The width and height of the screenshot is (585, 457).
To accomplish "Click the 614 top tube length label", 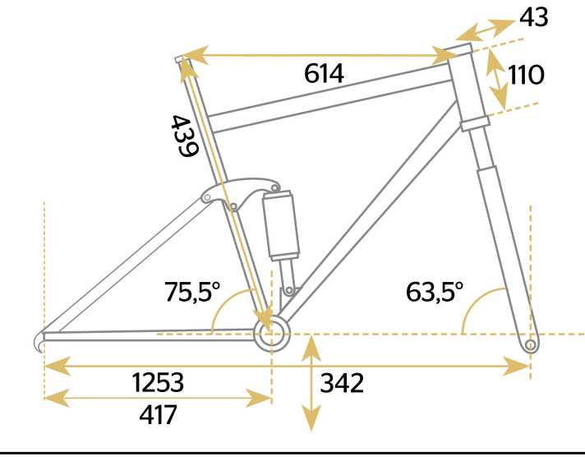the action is point(324,73).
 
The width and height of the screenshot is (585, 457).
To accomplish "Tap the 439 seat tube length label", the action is point(184,136).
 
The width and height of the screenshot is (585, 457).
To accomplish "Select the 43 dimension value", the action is point(534,17).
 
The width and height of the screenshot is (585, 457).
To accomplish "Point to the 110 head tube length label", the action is point(526,75).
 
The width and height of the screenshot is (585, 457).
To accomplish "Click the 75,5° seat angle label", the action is point(192,291).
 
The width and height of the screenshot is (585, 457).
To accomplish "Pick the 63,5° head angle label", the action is point(435,291).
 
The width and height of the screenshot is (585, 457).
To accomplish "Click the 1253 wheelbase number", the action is point(158,382).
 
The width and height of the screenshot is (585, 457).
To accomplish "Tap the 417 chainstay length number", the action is point(158,415).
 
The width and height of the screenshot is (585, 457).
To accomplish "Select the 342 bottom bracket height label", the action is point(342,383).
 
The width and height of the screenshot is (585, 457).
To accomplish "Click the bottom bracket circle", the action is point(272,334).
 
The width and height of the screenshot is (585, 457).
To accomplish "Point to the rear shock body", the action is point(281,225).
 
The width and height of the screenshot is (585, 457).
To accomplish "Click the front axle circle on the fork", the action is point(530,344).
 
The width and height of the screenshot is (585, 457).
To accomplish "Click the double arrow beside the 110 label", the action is point(497,79).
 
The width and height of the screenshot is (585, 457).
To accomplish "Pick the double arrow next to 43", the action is point(486,29).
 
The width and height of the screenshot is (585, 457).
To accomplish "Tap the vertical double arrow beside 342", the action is point(311,383).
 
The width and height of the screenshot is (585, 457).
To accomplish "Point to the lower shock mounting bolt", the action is point(289,290).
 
